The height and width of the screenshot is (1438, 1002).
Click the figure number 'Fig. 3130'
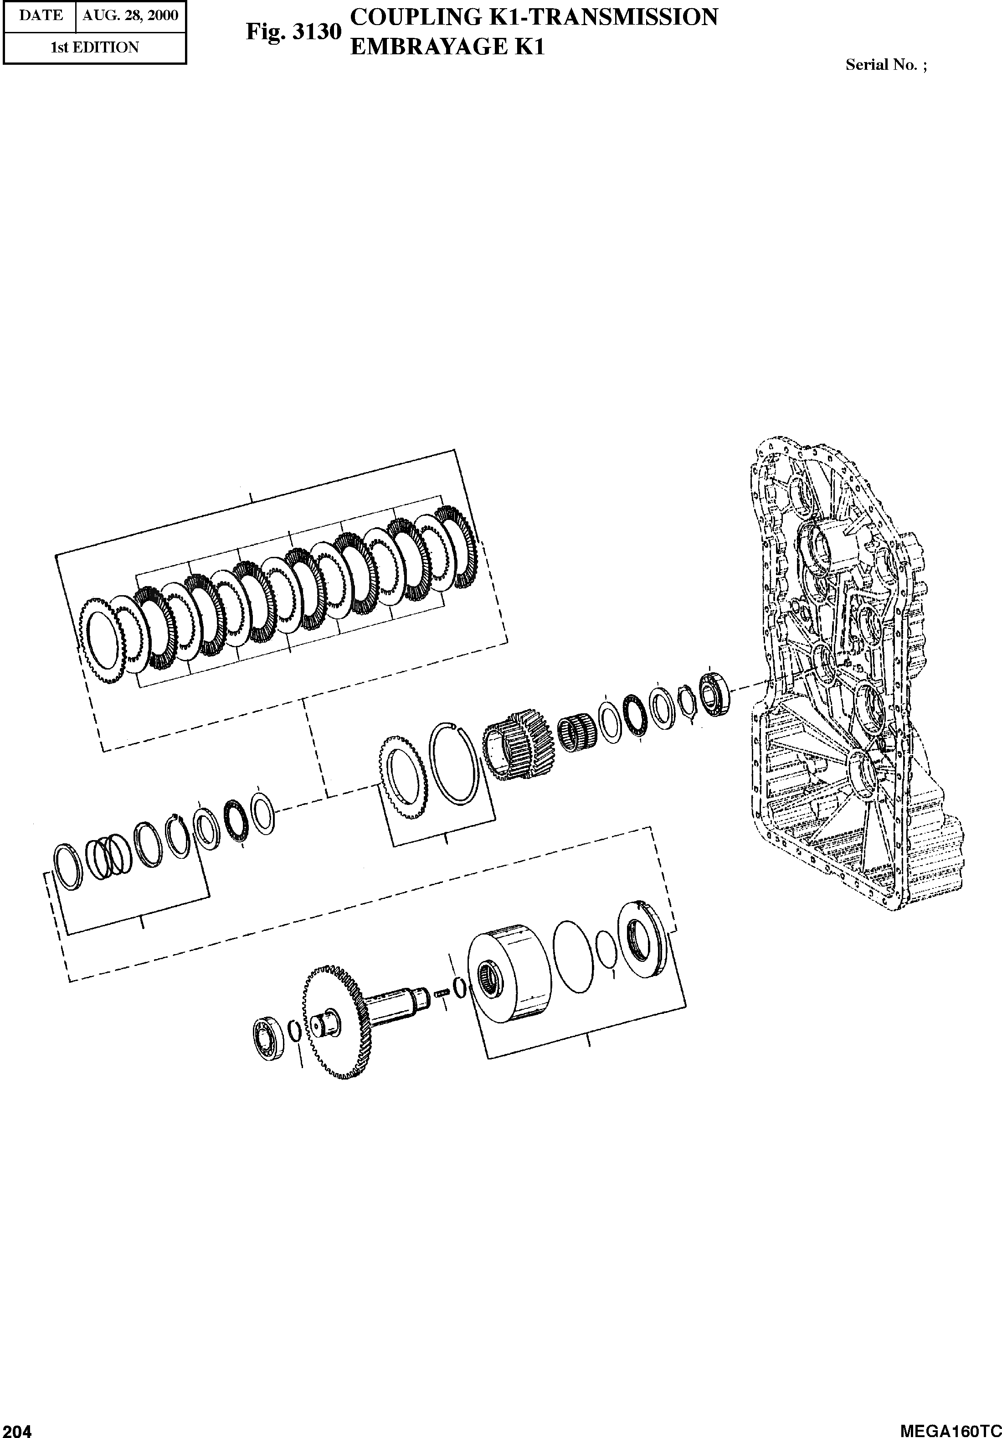[293, 31]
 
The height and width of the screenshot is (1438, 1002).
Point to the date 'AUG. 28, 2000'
[130, 16]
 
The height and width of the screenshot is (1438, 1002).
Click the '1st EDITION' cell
[94, 47]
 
